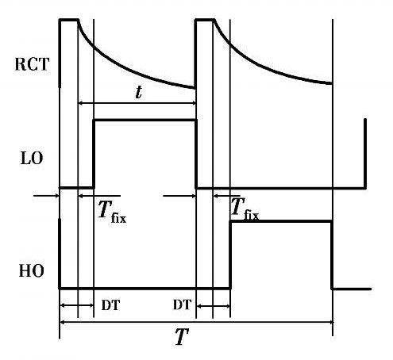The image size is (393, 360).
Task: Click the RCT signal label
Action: click(x=32, y=64)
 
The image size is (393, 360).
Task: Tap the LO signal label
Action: click(x=32, y=159)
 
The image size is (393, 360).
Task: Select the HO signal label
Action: click(x=31, y=271)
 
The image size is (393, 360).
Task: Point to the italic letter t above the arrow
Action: click(x=139, y=92)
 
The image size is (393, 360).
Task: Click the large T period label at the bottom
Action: click(x=182, y=336)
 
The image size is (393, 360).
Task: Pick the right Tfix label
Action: click(x=245, y=209)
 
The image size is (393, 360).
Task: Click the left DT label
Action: click(x=110, y=305)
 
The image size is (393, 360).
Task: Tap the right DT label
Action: click(x=182, y=304)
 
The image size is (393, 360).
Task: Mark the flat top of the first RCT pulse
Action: click(x=69, y=20)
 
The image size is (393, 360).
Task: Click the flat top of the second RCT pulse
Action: click(x=205, y=20)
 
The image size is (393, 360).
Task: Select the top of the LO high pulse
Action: click(x=145, y=121)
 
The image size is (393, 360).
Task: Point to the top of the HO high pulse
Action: click(x=280, y=221)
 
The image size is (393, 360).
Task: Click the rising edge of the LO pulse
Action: click(x=94, y=154)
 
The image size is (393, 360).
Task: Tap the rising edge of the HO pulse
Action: click(x=230, y=255)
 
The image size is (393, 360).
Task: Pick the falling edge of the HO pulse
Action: click(x=332, y=255)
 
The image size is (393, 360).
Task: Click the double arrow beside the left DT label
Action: click(x=77, y=305)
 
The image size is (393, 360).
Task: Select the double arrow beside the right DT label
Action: click(x=214, y=306)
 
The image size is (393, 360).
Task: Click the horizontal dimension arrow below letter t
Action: click(x=137, y=103)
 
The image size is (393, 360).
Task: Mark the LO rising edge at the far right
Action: click(x=365, y=154)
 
